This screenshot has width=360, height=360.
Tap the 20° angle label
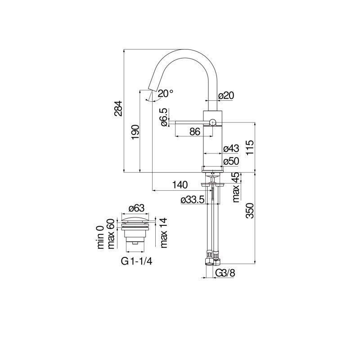point(165,94)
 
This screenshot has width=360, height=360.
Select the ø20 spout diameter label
point(226,95)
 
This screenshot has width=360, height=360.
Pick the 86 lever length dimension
point(195,132)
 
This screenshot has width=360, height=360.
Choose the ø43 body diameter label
point(231,148)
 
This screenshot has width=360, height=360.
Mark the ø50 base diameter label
point(231,161)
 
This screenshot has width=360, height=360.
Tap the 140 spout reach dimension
point(180,185)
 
